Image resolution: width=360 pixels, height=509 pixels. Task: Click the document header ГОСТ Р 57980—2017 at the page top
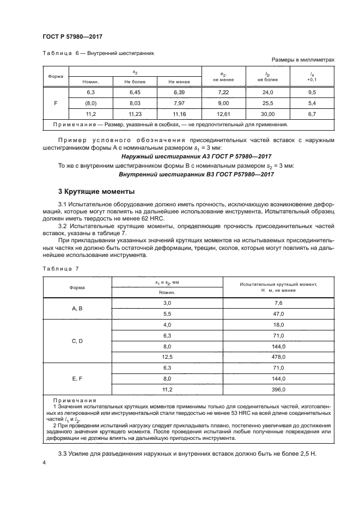coord(72,36)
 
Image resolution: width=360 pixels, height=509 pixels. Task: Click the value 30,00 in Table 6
coord(267,114)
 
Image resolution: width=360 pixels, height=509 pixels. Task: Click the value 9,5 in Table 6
coord(312,93)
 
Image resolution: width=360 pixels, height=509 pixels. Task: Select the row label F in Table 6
coord(57,103)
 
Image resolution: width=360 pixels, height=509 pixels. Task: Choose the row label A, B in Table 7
coord(77,308)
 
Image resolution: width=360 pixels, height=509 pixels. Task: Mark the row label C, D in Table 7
coord(77,341)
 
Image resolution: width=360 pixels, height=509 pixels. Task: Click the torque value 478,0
coord(279,357)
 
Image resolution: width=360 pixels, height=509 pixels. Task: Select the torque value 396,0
coord(279,390)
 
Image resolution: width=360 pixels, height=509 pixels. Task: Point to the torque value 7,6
coord(279,303)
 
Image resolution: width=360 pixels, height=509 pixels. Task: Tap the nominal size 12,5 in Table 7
coord(167,357)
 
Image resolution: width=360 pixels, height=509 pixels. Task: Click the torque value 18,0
coord(279,324)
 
